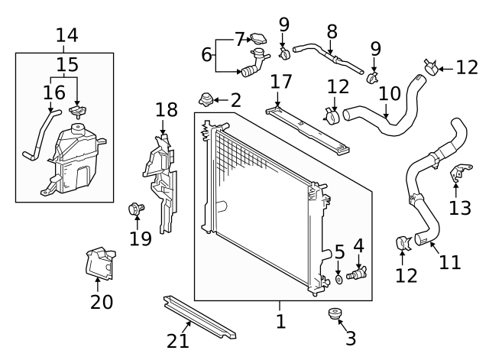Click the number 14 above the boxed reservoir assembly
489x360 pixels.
[67, 35]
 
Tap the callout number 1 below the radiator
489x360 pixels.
[280, 322]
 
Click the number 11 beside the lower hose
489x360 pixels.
[450, 262]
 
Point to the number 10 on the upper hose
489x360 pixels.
[389, 94]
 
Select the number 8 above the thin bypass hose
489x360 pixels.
[332, 32]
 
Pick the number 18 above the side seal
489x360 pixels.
[167, 110]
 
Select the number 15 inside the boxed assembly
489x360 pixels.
[67, 64]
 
